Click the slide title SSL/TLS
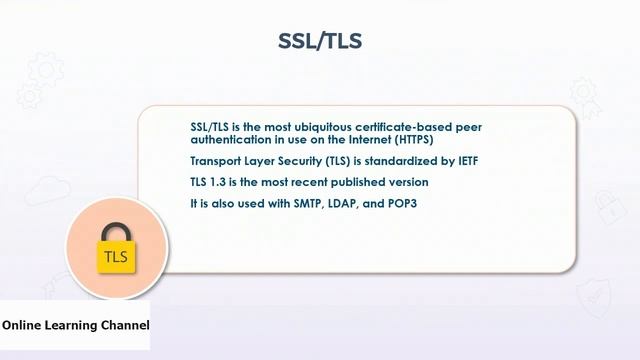pos(319,41)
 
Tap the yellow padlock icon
pos(115,255)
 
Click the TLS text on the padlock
pos(115,258)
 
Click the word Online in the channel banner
pos(22,325)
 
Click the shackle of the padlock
pos(115,229)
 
